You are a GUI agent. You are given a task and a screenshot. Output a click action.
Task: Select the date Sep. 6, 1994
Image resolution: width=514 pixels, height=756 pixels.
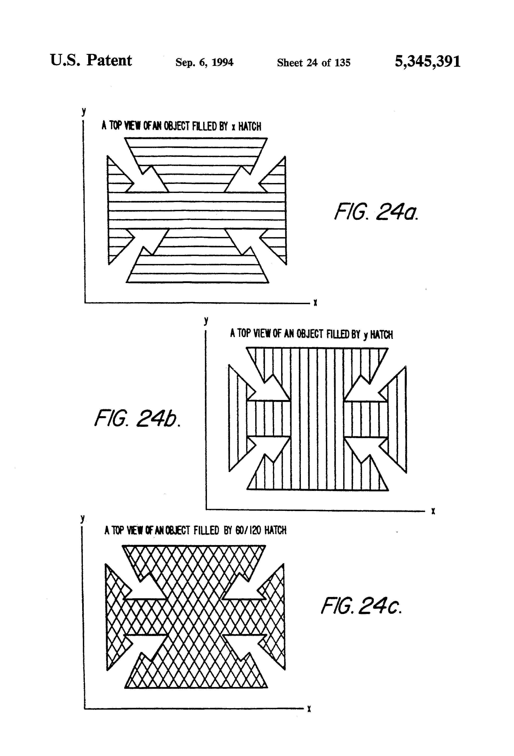(x=204, y=62)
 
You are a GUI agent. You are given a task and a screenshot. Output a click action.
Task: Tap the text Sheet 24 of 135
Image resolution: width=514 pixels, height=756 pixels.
(x=313, y=63)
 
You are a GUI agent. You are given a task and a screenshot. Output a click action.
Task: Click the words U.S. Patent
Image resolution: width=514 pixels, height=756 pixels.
(x=91, y=61)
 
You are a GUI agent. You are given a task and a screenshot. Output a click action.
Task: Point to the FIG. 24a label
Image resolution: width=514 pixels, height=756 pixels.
(x=376, y=212)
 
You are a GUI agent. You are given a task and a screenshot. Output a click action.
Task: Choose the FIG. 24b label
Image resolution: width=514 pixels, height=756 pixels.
(x=137, y=418)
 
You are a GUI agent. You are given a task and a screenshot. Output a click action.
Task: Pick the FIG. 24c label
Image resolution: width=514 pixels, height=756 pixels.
(x=361, y=606)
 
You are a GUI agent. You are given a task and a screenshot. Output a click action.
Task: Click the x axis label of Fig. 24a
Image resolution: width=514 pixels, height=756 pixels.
(x=315, y=303)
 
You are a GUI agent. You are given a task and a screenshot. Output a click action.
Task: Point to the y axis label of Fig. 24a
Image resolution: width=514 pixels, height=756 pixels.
(x=84, y=112)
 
